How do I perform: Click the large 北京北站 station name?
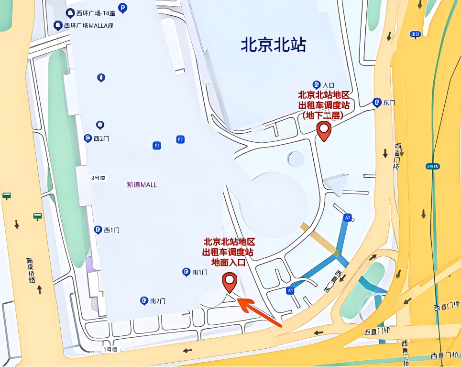coord(273,46)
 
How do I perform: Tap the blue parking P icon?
coord(123,8)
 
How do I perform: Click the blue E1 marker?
coord(156,145)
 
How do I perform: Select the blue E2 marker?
coord(180,139)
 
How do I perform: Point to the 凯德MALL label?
coord(142,184)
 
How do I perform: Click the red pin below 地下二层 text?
coord(324,131)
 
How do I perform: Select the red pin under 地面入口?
coord(230,282)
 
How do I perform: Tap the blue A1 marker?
coord(290,290)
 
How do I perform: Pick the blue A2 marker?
coord(348,218)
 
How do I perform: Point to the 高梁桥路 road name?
coord(31,270)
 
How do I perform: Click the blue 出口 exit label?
coord(415,34)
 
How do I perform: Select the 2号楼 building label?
coord(98,178)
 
